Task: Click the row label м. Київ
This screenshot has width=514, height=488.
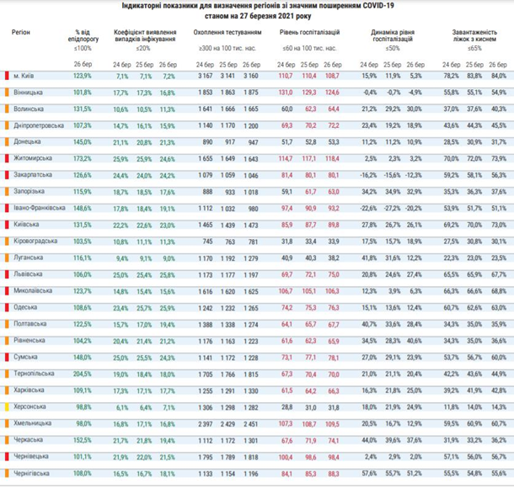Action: tap(24, 77)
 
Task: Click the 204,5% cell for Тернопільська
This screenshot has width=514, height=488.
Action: tap(83, 373)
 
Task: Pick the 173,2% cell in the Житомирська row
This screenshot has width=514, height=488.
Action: tap(83, 158)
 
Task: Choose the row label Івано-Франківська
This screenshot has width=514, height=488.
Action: tap(37, 208)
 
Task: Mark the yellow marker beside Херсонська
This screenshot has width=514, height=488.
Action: tap(7, 406)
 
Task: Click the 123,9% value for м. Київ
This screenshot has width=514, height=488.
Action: tap(83, 77)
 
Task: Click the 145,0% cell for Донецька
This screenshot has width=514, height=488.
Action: tap(83, 142)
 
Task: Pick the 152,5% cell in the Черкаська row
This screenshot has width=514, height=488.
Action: tap(83, 438)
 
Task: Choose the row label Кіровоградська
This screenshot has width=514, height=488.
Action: tap(35, 241)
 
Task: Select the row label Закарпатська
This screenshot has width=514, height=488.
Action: tap(31, 175)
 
